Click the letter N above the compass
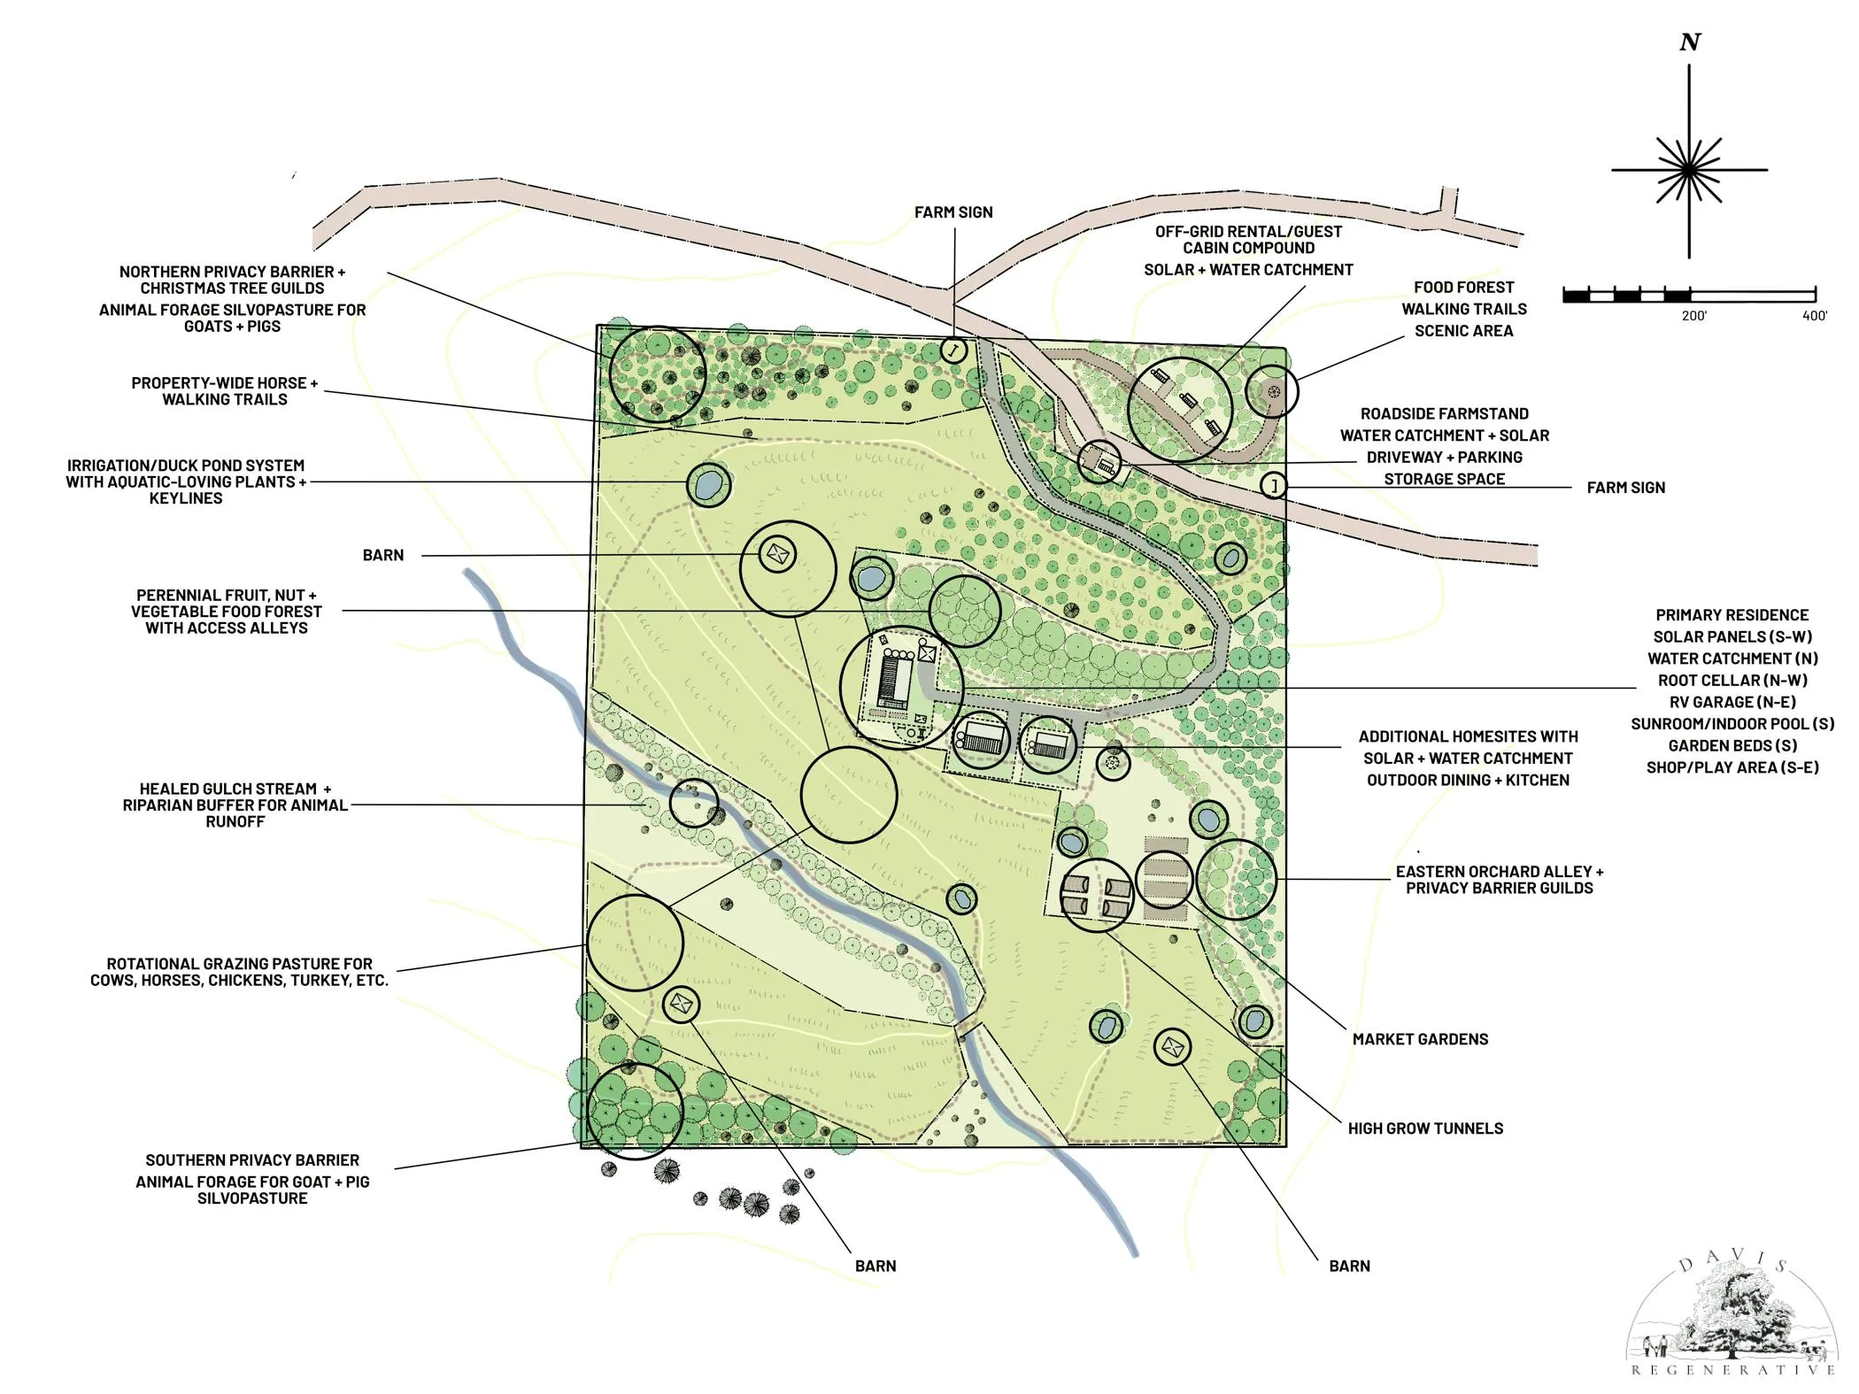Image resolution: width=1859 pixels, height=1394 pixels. click(1690, 42)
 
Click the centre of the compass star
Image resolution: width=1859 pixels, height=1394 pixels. click(1689, 169)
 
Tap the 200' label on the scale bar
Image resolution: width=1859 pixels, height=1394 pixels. click(1693, 316)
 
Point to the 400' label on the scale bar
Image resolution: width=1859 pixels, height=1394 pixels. click(1814, 316)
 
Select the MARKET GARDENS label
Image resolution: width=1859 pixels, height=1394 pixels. click(1420, 1039)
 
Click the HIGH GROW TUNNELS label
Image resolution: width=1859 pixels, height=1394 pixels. click(1425, 1128)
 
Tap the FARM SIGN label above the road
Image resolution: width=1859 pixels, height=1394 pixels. click(953, 212)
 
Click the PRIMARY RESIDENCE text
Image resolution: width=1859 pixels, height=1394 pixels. click(1732, 615)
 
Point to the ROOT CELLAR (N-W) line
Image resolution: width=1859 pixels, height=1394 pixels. click(1732, 681)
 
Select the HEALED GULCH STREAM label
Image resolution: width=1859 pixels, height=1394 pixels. click(235, 789)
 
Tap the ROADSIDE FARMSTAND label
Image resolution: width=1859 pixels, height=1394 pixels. click(1444, 414)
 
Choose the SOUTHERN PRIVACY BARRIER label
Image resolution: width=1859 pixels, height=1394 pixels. click(252, 1160)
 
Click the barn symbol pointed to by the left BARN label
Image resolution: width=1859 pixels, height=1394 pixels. click(777, 555)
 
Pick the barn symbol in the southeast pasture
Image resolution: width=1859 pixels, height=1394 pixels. click(1172, 1048)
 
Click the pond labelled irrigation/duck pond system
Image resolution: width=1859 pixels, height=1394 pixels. click(708, 484)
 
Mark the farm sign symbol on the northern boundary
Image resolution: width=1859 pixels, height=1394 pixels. click(953, 350)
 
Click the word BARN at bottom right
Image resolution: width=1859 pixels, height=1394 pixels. click(1349, 1267)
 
